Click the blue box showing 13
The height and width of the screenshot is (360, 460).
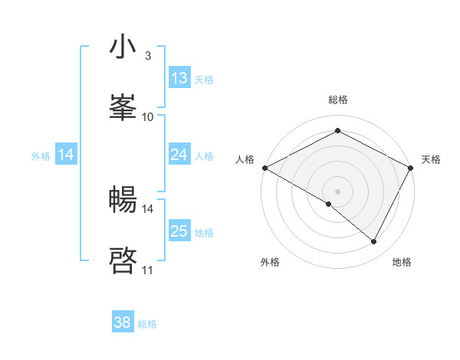179,78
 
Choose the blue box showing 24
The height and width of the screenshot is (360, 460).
179,155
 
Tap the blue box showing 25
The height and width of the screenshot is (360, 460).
179,231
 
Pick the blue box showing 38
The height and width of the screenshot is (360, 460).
122,322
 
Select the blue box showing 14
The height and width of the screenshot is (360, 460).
66,155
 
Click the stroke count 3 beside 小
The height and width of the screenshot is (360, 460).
147,56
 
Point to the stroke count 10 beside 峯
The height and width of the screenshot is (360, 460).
148,116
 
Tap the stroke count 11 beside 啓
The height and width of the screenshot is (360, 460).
147,270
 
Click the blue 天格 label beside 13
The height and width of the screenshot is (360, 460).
204,79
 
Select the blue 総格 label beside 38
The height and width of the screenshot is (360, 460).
147,324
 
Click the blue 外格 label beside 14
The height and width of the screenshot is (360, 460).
41,155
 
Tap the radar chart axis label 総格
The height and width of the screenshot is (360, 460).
337,100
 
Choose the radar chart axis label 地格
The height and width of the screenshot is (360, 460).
402,262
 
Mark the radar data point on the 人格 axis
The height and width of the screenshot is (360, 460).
264,168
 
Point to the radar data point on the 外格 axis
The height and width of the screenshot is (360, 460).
329,204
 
